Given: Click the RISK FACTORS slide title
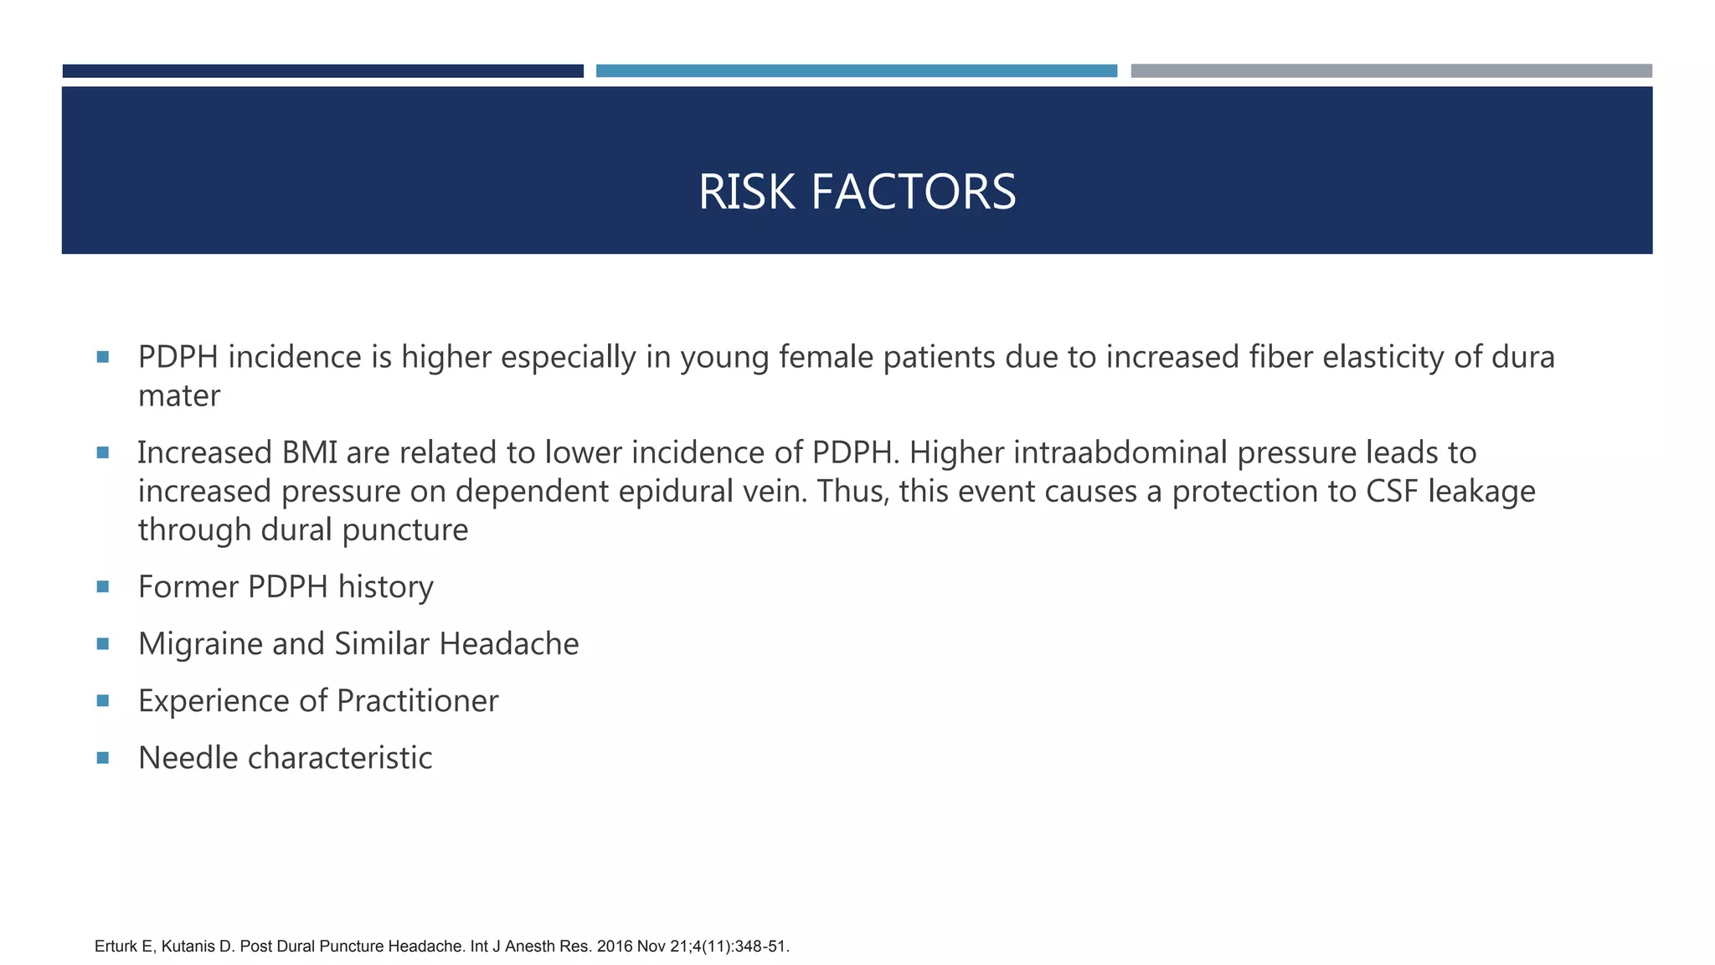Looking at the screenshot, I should (x=857, y=192).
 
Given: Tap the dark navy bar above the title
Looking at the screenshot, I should (x=322, y=71).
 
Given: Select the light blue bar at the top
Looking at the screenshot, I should (x=856, y=71).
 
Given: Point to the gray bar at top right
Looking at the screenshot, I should (x=1391, y=71).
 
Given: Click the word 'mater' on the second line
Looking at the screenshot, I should (x=178, y=396).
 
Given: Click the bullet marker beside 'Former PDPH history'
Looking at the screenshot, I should (x=103, y=586).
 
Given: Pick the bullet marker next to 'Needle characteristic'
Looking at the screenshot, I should (x=103, y=757).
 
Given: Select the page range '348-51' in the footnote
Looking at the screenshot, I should (x=760, y=947).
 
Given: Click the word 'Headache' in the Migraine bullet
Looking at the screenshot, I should (x=508, y=644).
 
